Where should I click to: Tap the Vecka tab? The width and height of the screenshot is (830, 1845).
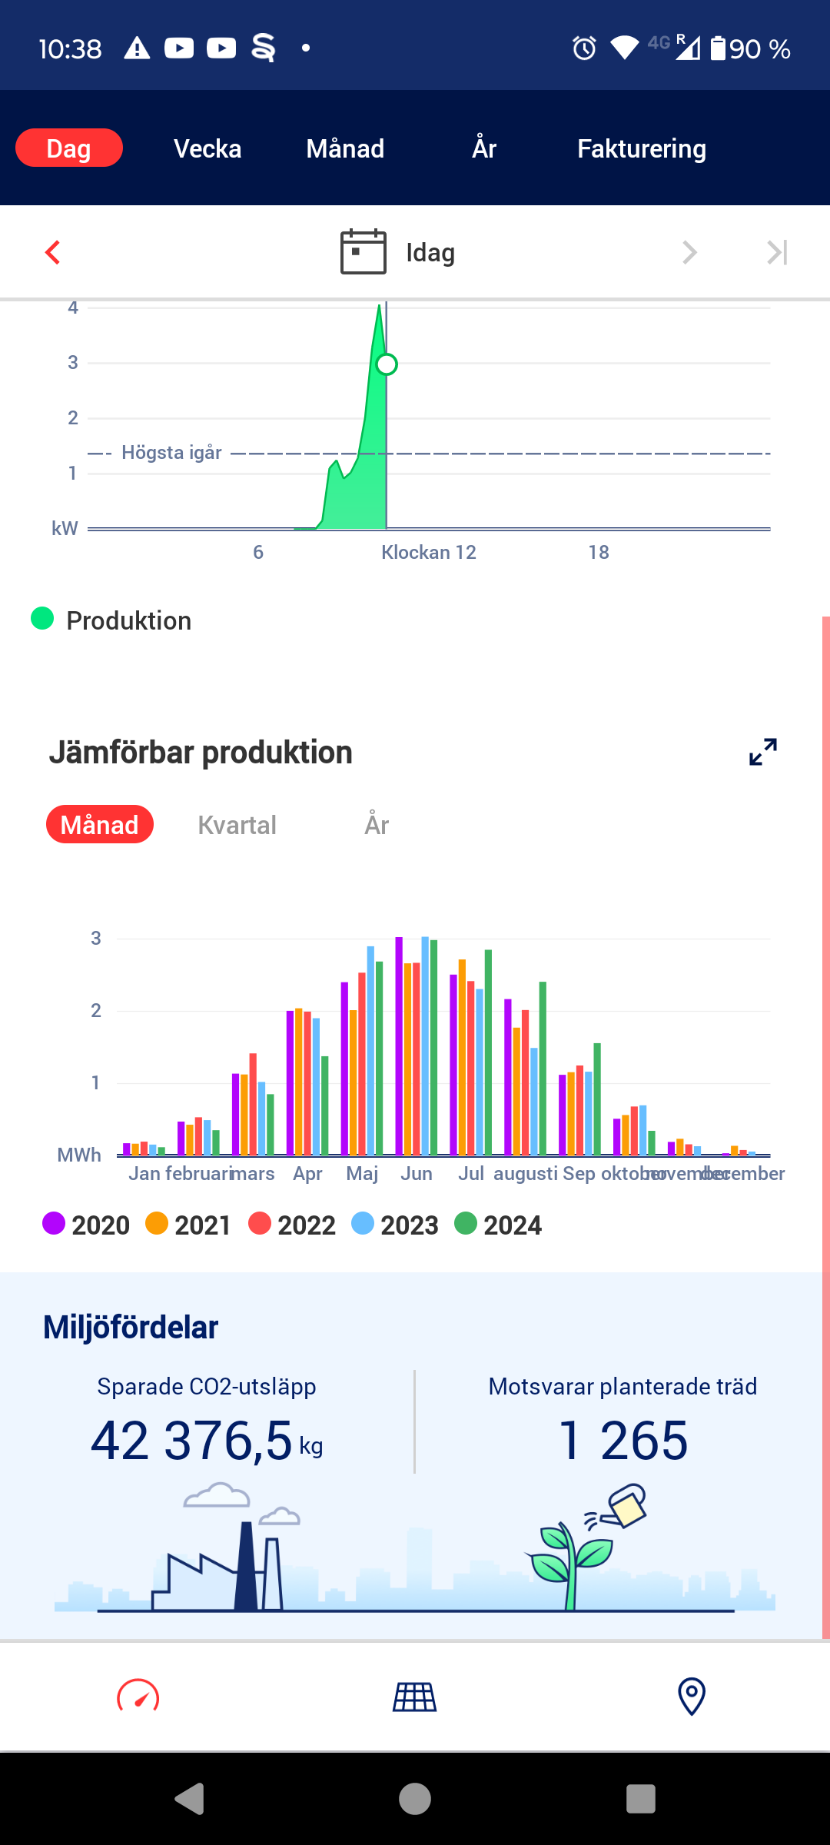pos(207,148)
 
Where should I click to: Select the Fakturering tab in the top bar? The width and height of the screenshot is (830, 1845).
pos(641,148)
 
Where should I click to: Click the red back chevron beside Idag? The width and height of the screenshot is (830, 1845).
pos(52,252)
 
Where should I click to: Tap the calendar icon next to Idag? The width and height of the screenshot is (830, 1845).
pos(363,251)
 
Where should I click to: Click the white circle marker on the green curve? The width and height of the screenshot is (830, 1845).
pos(387,364)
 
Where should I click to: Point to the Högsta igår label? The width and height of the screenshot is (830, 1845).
pos(171,453)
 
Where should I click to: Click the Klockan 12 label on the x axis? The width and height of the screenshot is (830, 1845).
pos(428,552)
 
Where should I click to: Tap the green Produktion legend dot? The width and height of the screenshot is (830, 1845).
pos(42,618)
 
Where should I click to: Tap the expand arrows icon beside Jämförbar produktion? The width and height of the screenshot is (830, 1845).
pos(762,752)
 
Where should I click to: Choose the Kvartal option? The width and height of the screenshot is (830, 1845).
pos(237,825)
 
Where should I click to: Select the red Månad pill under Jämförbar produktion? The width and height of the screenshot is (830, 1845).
pos(100,825)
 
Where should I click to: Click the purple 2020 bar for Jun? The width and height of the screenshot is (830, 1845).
pos(399,1045)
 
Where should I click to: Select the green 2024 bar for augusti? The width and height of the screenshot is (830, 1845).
pos(543,1069)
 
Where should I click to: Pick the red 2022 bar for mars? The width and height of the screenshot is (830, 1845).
pos(253,1104)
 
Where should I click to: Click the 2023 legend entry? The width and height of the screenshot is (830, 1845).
pos(395,1225)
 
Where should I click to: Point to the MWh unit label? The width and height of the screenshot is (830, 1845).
pos(79,1155)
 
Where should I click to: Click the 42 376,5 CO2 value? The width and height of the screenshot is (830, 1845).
pos(192,1441)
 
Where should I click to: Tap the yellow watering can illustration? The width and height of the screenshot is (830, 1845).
pos(627,1505)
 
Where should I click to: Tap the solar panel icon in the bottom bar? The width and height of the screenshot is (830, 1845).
pos(415,1697)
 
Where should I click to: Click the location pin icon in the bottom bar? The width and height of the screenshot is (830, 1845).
pos(691,1697)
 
